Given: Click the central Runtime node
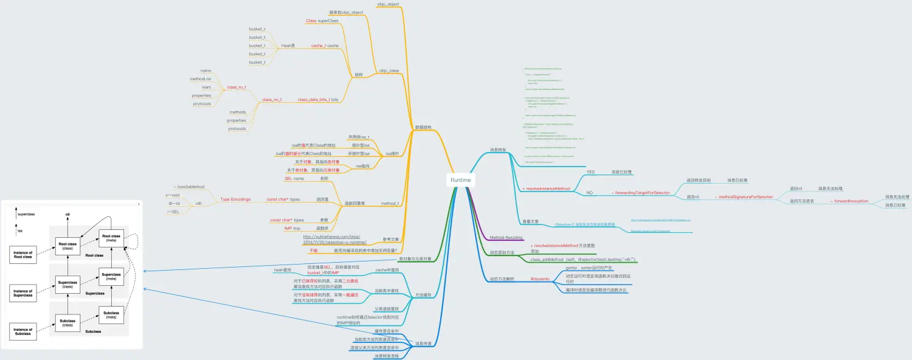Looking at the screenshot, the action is [x=461, y=181].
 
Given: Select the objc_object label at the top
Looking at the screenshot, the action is [x=387, y=4].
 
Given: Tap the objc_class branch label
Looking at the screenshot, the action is [x=389, y=71].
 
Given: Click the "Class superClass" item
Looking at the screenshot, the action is [x=322, y=21].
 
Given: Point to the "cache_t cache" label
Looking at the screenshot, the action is [x=325, y=46].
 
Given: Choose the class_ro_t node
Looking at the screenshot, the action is [x=237, y=88].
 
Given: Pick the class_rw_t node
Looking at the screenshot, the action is [x=272, y=99].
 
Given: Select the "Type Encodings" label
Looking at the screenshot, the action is [x=235, y=199].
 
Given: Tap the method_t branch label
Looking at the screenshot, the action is [x=390, y=203].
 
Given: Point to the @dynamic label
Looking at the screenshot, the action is [x=541, y=279].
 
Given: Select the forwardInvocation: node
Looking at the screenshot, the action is [x=850, y=201].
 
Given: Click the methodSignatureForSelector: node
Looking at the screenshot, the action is [x=746, y=197].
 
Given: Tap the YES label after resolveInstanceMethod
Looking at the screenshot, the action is [x=590, y=172].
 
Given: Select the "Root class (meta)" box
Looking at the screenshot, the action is [x=111, y=238].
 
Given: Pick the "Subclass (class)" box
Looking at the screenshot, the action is [x=69, y=323].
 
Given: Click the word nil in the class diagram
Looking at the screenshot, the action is [x=69, y=215].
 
